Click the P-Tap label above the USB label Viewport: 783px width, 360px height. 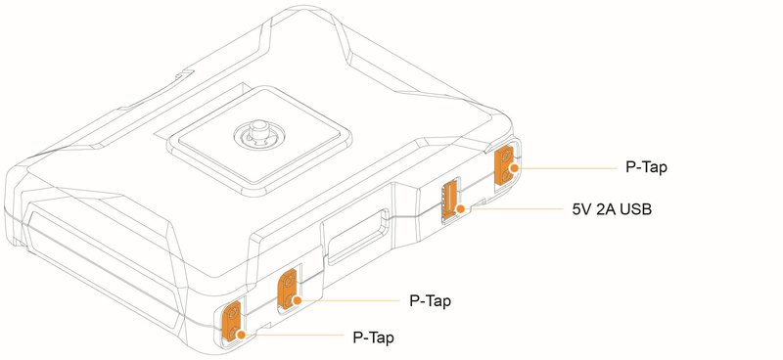click(x=646, y=167)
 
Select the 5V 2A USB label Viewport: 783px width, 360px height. click(x=612, y=209)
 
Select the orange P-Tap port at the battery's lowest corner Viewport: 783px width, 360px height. click(x=233, y=322)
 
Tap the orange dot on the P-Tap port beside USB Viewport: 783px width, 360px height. click(x=513, y=168)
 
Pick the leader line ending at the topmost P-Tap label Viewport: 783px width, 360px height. click(x=568, y=168)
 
